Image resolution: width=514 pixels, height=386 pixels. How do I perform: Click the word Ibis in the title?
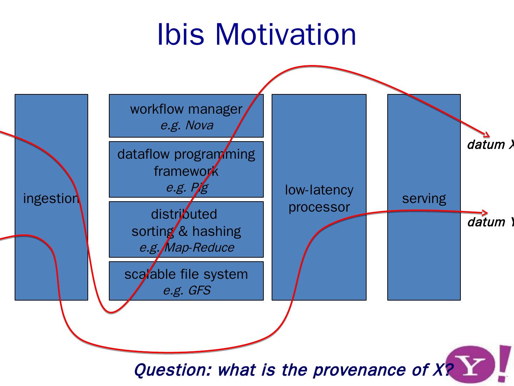[180, 34]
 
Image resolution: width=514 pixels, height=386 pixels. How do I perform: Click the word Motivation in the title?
[286, 34]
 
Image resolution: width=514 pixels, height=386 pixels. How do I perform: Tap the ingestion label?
[51, 198]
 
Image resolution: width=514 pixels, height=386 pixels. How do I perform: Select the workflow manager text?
[186, 109]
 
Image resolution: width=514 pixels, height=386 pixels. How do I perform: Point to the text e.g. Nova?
[187, 125]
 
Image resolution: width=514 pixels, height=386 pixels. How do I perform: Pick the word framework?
[186, 171]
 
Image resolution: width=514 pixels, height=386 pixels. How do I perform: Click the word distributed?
[184, 214]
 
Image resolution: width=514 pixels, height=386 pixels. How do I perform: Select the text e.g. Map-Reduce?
[187, 247]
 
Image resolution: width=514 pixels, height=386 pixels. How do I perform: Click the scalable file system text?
[186, 274]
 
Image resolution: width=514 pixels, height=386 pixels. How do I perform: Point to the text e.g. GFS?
[187, 290]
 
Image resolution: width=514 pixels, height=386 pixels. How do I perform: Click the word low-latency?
[319, 190]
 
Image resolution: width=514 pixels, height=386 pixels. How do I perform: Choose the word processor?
[319, 207]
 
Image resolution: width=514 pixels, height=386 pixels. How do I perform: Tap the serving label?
[424, 198]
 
